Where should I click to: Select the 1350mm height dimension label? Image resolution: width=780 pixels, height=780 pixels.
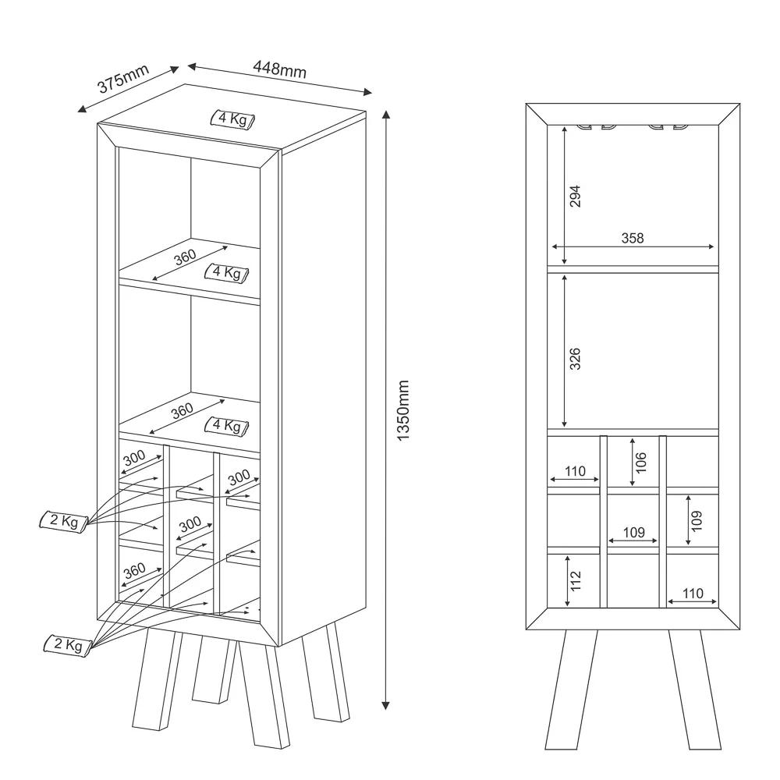[x=402, y=411]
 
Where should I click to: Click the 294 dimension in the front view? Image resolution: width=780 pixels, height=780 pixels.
[x=576, y=196]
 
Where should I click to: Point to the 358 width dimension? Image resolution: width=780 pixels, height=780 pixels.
[x=633, y=238]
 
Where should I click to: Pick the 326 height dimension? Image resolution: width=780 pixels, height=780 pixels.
[x=576, y=359]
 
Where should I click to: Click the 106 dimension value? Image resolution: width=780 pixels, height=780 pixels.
[x=642, y=462]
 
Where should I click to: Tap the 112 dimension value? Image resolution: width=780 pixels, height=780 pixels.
[x=576, y=580]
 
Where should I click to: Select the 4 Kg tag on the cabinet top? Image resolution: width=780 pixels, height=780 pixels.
[x=233, y=119]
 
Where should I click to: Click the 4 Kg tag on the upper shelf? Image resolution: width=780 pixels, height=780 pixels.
[x=226, y=272]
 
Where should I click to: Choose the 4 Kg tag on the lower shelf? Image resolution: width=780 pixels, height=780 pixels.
[x=226, y=426]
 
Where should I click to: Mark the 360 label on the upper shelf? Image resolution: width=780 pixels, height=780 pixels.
[x=186, y=258]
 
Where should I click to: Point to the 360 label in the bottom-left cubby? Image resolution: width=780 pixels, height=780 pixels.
[x=133, y=571]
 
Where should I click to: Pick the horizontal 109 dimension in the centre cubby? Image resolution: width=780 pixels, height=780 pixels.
[x=633, y=532]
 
